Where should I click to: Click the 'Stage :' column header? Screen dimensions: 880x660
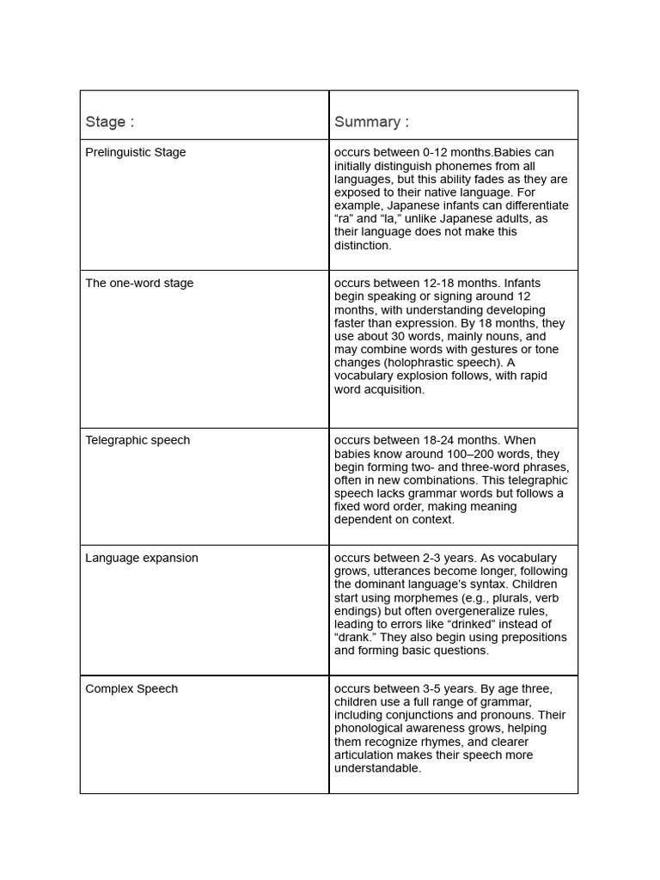tap(109, 122)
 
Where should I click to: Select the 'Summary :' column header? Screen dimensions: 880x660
tap(371, 122)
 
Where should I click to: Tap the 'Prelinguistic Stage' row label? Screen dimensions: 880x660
tap(135, 153)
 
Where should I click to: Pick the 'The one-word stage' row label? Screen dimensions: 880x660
tap(139, 284)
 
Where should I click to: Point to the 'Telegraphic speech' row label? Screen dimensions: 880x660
tap(137, 441)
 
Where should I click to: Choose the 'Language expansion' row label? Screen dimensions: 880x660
tap(142, 559)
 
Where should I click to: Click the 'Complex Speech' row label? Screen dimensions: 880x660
tap(131, 689)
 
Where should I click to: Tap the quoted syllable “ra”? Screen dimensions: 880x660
tap(344, 219)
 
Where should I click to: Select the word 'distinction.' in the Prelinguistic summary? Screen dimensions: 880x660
tap(363, 246)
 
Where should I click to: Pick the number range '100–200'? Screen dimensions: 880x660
tap(467, 454)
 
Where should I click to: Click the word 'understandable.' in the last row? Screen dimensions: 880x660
tap(377, 768)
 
